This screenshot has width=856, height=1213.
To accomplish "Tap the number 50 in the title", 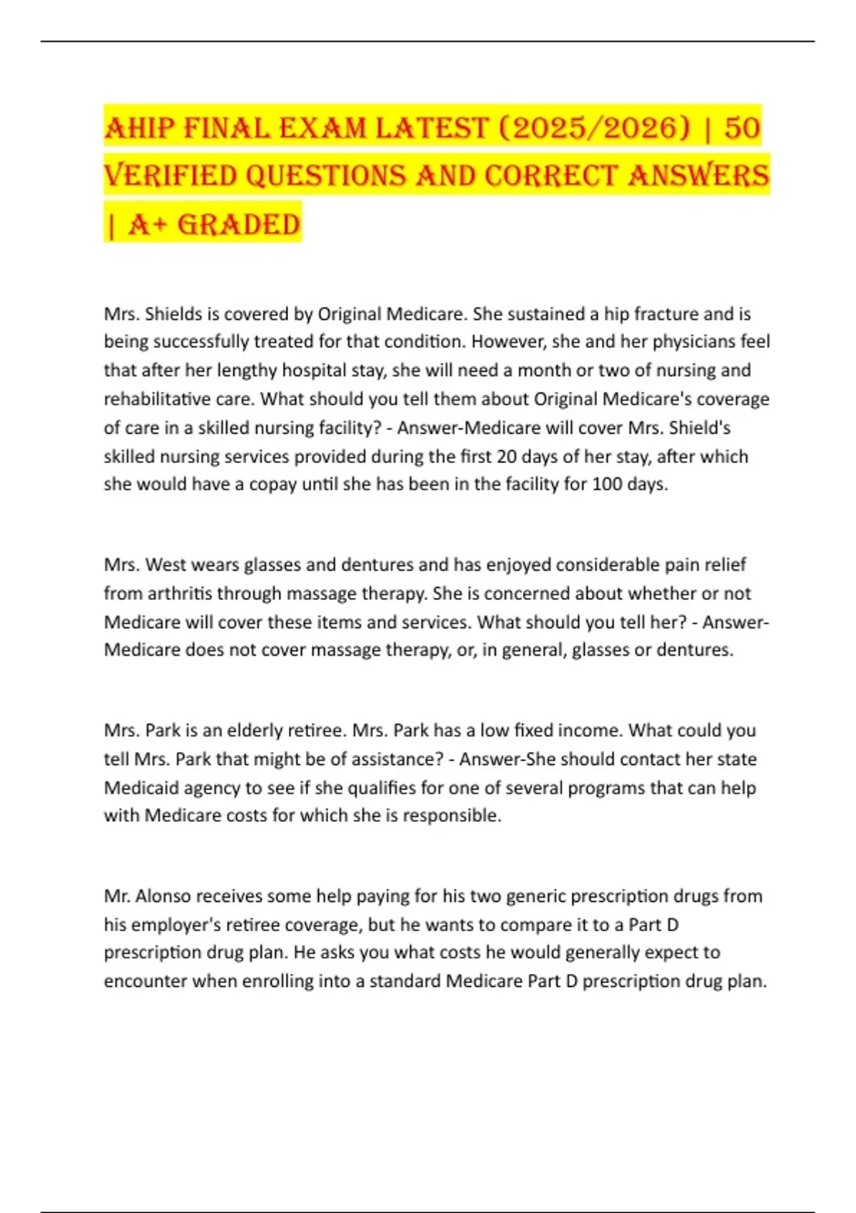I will click(742, 128).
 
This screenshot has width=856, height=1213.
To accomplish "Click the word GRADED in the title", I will click(238, 225).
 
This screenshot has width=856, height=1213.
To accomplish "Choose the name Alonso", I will click(163, 896).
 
